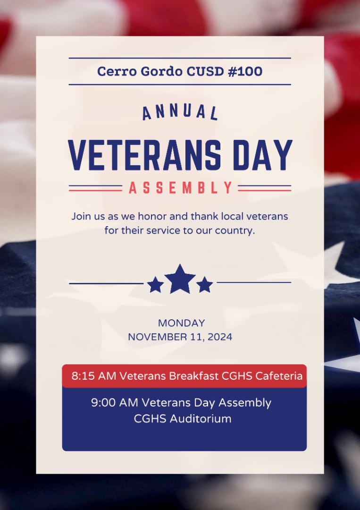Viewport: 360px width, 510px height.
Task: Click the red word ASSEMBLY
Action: pyautogui.click(x=180, y=188)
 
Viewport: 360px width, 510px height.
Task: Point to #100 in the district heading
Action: pyautogui.click(x=245, y=72)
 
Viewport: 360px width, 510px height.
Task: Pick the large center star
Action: pyautogui.click(x=180, y=279)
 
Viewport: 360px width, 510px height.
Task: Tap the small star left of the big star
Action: pyautogui.click(x=155, y=285)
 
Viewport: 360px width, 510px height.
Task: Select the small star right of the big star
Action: pyautogui.click(x=204, y=285)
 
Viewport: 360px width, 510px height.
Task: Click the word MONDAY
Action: pyautogui.click(x=181, y=323)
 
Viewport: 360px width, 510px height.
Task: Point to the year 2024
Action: pyautogui.click(x=220, y=337)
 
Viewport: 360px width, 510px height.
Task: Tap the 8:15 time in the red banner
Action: pyautogui.click(x=83, y=376)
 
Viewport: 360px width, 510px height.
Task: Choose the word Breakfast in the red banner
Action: pyautogui.click(x=194, y=376)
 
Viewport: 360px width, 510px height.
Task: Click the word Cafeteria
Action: pyautogui.click(x=279, y=376)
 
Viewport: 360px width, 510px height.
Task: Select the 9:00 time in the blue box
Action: pyautogui.click(x=103, y=403)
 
